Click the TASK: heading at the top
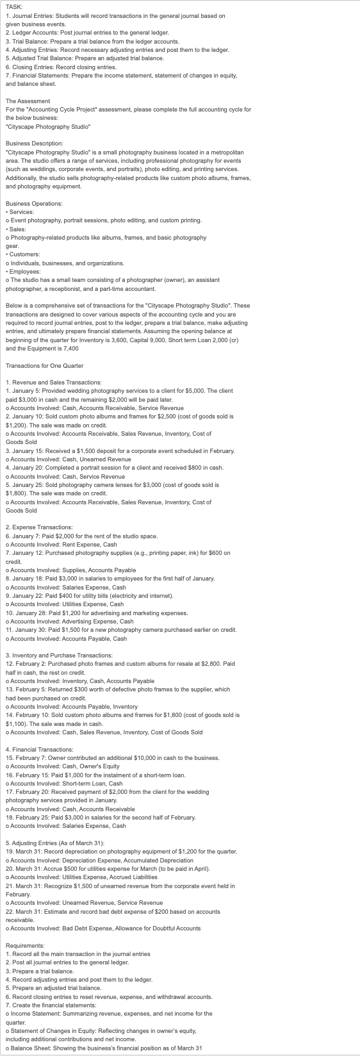tap(13, 6)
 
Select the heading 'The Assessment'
tap(28, 101)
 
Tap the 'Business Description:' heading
tap(34, 143)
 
